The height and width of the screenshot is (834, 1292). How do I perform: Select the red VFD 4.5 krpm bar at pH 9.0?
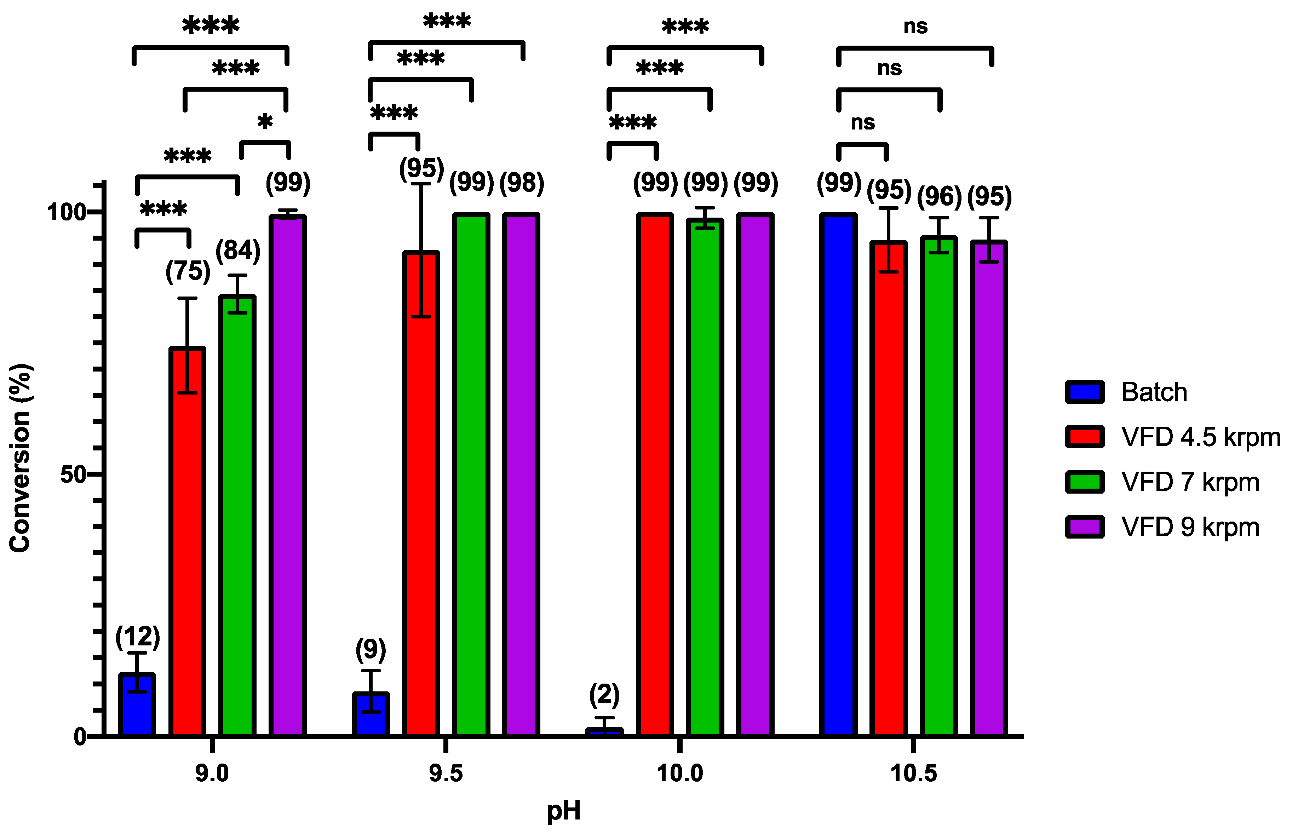(187, 542)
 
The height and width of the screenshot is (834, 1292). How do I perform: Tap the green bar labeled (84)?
(237, 514)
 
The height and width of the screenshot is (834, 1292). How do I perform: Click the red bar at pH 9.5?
(421, 493)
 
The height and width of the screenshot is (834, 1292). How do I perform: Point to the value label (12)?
(138, 637)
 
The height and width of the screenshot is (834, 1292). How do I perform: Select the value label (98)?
(522, 183)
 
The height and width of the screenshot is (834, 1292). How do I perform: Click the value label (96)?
(939, 196)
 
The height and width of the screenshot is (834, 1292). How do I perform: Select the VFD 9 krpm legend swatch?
(1085, 527)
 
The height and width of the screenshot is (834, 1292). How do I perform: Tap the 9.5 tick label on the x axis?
(446, 773)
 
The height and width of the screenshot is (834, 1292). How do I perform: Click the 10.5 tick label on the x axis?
(913, 773)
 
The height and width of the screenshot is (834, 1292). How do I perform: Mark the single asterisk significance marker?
(265, 122)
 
